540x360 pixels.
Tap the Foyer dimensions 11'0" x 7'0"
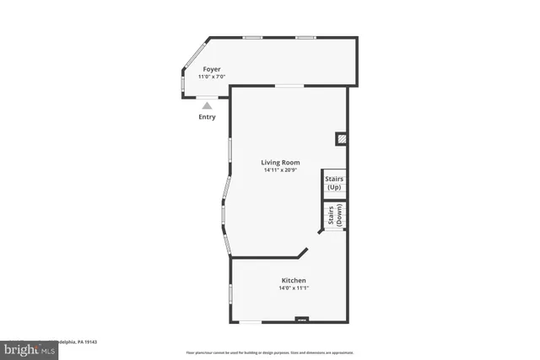(211, 77)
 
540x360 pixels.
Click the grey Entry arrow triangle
(208, 105)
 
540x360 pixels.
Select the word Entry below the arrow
(207, 117)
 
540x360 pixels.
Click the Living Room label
(280, 163)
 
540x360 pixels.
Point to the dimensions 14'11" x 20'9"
(281, 170)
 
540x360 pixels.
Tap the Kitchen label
(294, 280)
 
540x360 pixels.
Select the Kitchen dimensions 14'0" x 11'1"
(294, 288)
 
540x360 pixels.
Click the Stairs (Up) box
(334, 183)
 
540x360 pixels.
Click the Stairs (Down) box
(334, 217)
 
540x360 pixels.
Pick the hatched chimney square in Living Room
(341, 137)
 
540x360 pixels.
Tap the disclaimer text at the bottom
(269, 352)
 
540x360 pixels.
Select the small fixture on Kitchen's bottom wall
(301, 320)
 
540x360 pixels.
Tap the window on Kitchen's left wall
(230, 294)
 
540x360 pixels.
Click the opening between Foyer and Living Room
(290, 86)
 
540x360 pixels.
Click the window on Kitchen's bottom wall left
(251, 321)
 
